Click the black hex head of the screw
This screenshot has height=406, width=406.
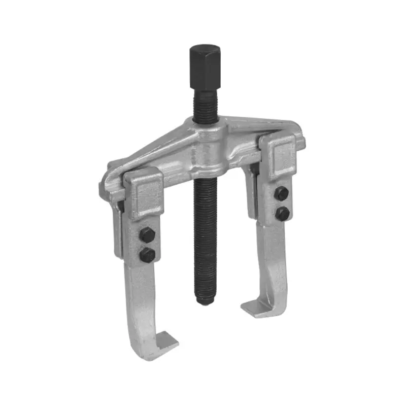[205, 66]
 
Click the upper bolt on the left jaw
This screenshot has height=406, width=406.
[147, 234]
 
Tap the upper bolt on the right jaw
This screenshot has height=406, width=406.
[282, 193]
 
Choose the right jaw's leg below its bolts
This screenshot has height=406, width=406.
[277, 264]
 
